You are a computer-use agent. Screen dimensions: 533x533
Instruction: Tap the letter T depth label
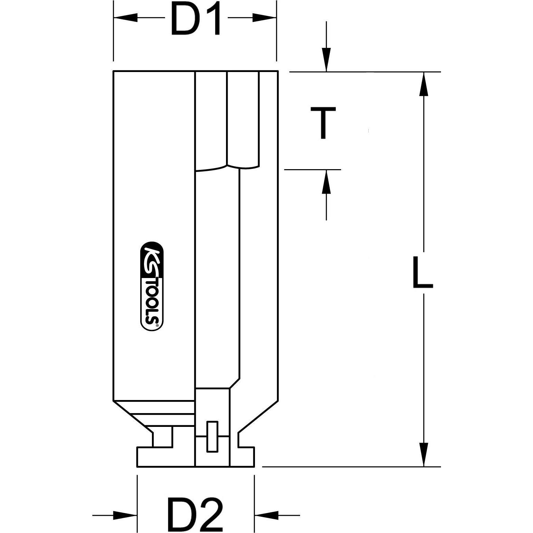(323, 123)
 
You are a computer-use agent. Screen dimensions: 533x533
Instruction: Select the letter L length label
(422, 272)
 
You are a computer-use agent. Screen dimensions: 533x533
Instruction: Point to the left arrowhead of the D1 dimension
(126, 18)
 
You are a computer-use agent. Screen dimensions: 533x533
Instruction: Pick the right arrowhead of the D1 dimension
(264, 18)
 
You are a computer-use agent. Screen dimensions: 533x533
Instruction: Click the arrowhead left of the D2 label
(125, 515)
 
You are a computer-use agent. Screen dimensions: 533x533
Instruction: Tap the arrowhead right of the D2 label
(266, 515)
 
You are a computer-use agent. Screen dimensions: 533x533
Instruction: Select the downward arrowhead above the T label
(326, 60)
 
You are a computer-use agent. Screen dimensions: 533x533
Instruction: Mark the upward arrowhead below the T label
(326, 182)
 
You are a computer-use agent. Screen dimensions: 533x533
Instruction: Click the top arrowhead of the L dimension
(424, 84)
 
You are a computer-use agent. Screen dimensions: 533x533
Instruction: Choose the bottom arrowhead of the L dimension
(424, 454)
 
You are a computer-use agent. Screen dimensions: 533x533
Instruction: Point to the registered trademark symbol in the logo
(157, 325)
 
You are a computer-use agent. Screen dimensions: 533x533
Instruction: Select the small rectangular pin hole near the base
(212, 436)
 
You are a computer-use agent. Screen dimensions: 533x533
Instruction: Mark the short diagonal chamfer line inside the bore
(235, 383)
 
